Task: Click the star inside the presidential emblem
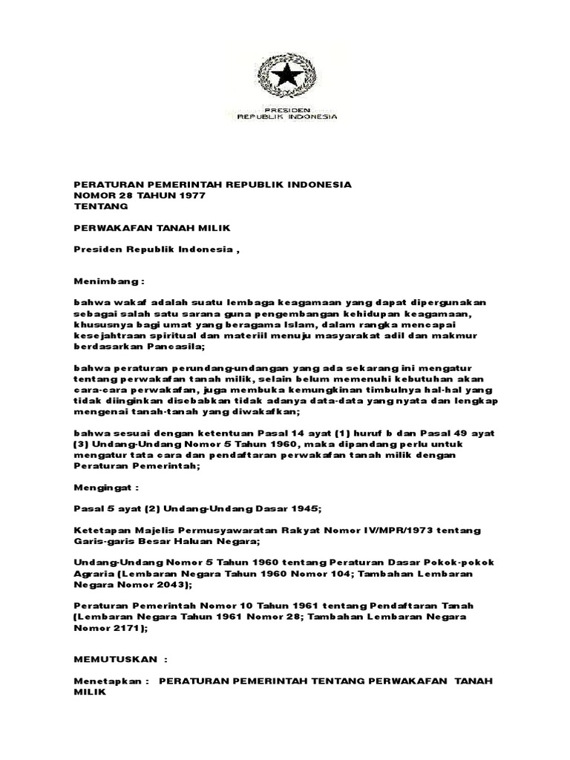tap(283, 75)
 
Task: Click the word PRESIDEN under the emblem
tap(283, 108)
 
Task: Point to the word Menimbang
tap(105, 283)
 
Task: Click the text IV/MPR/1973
tap(404, 531)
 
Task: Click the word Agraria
tap(95, 574)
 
